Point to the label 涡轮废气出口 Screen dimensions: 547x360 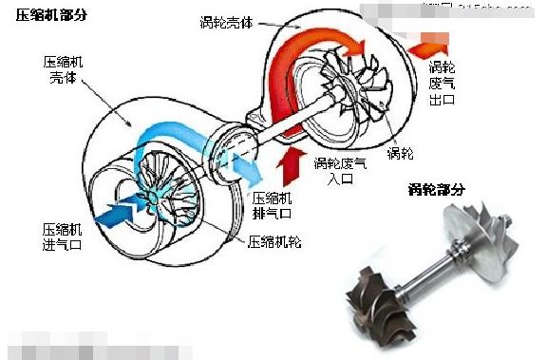[442, 84]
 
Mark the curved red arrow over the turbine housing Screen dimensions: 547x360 [313, 43]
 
